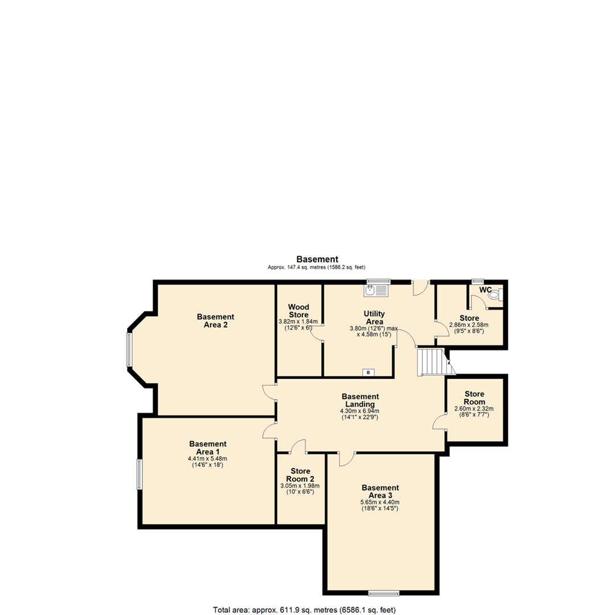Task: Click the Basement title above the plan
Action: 317,260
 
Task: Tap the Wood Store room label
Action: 298,311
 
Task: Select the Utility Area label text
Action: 374,318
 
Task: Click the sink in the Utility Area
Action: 376,290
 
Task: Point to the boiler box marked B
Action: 368,372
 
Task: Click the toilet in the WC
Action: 494,295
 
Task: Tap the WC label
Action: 485,290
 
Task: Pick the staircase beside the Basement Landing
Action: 433,362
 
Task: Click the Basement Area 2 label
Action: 215,321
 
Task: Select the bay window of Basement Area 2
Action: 129,349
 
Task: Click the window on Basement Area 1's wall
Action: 138,474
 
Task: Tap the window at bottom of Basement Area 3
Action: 383,593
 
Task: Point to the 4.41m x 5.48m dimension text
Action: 207,458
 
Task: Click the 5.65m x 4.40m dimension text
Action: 380,502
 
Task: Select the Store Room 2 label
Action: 300,475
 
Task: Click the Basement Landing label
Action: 360,400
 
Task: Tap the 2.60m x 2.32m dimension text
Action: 474,408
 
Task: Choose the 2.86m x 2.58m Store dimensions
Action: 469,325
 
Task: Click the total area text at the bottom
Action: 304,610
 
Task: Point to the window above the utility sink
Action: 379,281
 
